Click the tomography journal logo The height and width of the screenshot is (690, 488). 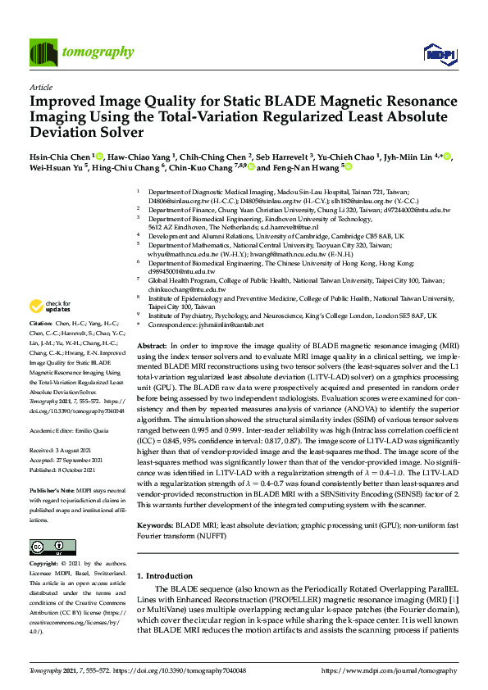click(81, 52)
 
